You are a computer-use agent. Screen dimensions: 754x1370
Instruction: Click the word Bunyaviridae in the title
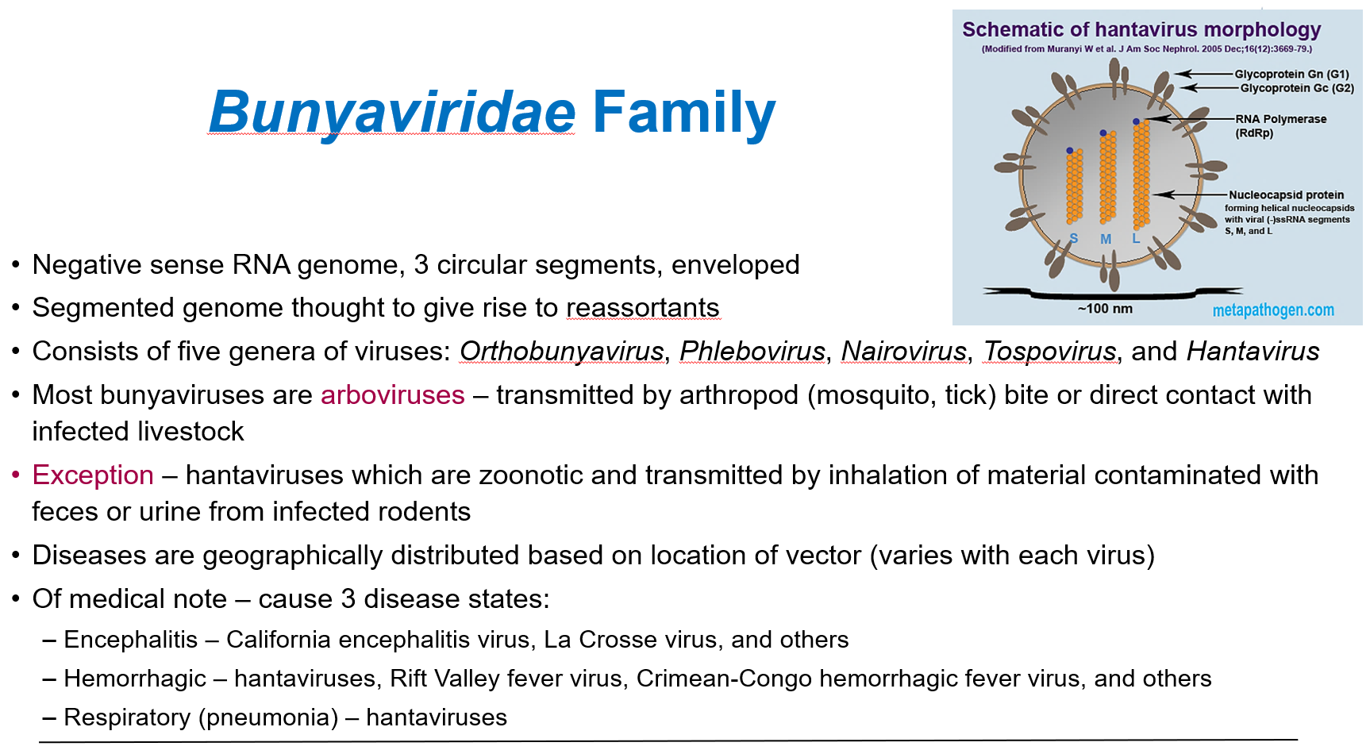click(x=391, y=113)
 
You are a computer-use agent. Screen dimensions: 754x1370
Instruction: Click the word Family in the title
click(x=683, y=113)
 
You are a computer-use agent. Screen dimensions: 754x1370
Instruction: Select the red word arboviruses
click(x=392, y=395)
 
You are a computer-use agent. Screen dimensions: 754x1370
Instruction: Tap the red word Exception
click(x=93, y=475)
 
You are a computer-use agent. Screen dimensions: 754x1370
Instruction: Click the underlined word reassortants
click(x=642, y=308)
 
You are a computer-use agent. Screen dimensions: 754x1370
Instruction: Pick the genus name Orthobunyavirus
click(x=561, y=352)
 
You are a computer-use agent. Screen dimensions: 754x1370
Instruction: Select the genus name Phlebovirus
click(x=752, y=352)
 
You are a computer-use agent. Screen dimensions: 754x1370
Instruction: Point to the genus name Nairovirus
click(x=903, y=352)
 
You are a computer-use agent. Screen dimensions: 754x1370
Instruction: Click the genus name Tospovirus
click(x=1049, y=352)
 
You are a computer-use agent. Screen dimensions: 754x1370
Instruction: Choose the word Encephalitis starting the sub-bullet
click(x=131, y=640)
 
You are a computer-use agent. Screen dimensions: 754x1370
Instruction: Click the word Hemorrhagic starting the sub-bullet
click(x=135, y=679)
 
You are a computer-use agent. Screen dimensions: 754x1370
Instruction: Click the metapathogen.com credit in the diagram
click(x=1272, y=310)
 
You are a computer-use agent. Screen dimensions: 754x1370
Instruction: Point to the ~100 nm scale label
click(x=1105, y=309)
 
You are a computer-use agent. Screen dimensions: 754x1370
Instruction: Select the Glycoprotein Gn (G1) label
click(x=1291, y=74)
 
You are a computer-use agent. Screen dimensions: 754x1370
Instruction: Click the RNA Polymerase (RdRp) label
click(x=1280, y=120)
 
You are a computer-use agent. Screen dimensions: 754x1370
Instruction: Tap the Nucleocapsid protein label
click(x=1286, y=195)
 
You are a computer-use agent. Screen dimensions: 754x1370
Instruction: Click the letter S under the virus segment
click(x=1073, y=238)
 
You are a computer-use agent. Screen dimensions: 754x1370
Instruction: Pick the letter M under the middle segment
click(x=1105, y=239)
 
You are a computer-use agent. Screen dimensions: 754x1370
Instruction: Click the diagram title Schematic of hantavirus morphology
click(x=1141, y=30)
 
